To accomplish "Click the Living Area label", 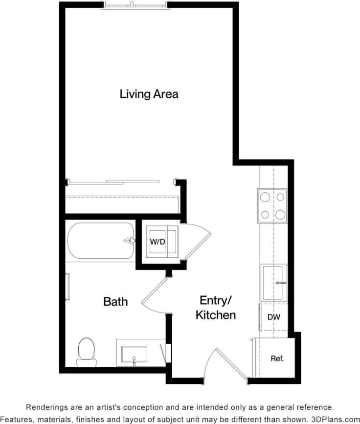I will click(149, 94).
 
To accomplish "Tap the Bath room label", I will click(115, 301).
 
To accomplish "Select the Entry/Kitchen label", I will click(215, 308).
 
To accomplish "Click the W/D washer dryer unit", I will click(157, 242).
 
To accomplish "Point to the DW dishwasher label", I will click(274, 317).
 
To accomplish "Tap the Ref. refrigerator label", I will click(277, 358).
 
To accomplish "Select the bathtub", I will click(101, 241).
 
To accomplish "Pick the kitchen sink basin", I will click(273, 283).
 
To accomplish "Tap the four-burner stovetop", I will click(272, 206).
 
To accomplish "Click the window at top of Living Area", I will click(135, 6).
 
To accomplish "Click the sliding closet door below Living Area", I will click(115, 181).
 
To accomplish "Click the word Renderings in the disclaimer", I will click(46, 407).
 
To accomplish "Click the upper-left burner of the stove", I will click(265, 198).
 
